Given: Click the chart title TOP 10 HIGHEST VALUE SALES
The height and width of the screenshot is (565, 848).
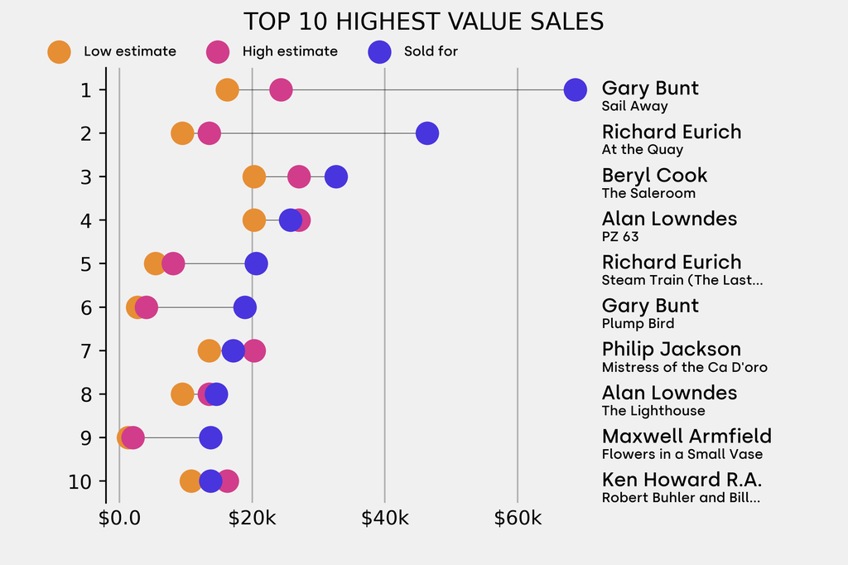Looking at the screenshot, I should pyautogui.click(x=423, y=22).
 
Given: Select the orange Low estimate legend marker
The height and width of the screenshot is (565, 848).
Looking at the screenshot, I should pyautogui.click(x=59, y=51).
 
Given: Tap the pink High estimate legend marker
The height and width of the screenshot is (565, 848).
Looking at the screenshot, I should pyautogui.click(x=218, y=51).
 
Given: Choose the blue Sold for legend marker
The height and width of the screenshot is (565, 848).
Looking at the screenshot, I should pyautogui.click(x=378, y=51).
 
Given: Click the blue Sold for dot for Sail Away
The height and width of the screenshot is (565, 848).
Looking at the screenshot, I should pyautogui.click(x=575, y=89).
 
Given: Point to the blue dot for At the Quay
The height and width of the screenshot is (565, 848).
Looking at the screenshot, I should pyautogui.click(x=426, y=133).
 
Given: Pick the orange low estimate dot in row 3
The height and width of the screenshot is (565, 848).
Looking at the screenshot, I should pyautogui.click(x=254, y=176).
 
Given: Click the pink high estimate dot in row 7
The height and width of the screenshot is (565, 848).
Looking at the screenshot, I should pyautogui.click(x=254, y=350).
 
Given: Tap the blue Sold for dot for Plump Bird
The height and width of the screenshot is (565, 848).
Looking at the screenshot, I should pyautogui.click(x=244, y=307).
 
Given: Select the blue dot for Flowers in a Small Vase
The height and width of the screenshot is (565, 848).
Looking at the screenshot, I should pyautogui.click(x=211, y=437).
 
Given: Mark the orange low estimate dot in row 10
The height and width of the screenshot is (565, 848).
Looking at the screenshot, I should pyautogui.click(x=191, y=481).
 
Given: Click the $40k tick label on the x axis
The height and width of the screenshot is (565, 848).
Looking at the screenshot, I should pyautogui.click(x=385, y=519).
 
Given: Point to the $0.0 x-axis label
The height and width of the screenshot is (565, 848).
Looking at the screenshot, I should pyautogui.click(x=119, y=519).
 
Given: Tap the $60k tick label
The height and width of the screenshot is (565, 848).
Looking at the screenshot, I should pyautogui.click(x=518, y=519).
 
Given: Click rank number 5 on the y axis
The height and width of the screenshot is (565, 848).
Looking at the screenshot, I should pyautogui.click(x=86, y=263).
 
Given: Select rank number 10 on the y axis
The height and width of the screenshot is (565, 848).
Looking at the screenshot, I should pyautogui.click(x=80, y=481).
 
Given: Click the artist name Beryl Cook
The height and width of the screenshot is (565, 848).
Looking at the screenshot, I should pyautogui.click(x=654, y=176).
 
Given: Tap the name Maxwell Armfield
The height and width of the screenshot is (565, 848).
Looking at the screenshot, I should pyautogui.click(x=687, y=437).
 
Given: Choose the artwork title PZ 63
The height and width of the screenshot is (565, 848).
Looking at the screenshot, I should pyautogui.click(x=620, y=237).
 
